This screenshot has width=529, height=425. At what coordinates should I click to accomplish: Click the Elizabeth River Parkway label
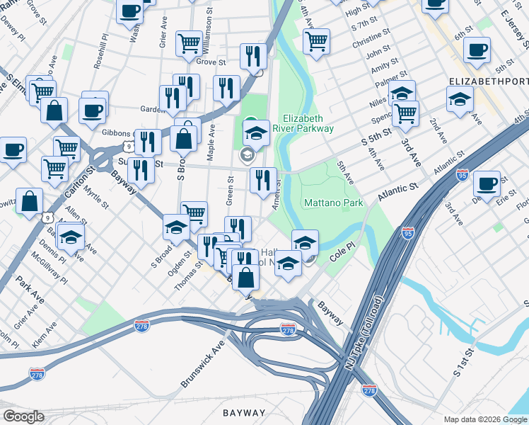coord(308,123)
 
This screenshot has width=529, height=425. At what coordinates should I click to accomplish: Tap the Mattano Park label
coord(333,203)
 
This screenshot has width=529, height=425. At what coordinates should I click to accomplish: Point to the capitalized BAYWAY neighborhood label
coord(244,412)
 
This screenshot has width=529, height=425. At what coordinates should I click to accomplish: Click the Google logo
coord(23,416)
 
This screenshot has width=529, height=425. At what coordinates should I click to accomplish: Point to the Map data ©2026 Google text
coord(485,419)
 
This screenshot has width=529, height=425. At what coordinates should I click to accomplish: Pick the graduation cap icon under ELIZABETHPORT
coord(460,100)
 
